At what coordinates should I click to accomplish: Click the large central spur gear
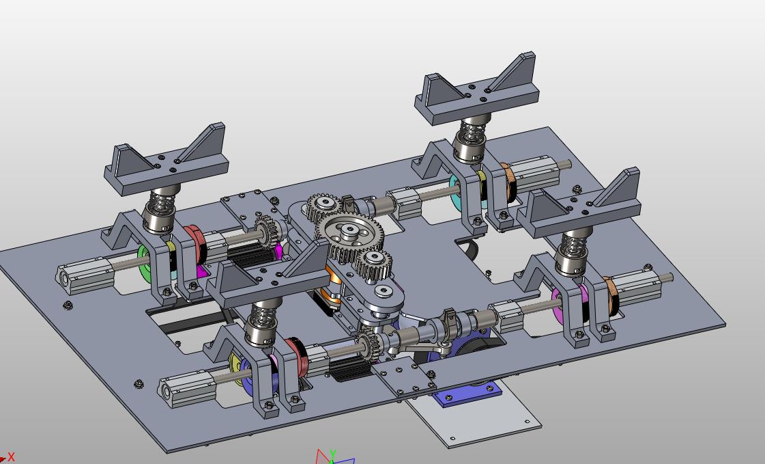click(x=349, y=238)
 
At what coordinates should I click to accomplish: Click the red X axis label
click(x=11, y=457)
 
